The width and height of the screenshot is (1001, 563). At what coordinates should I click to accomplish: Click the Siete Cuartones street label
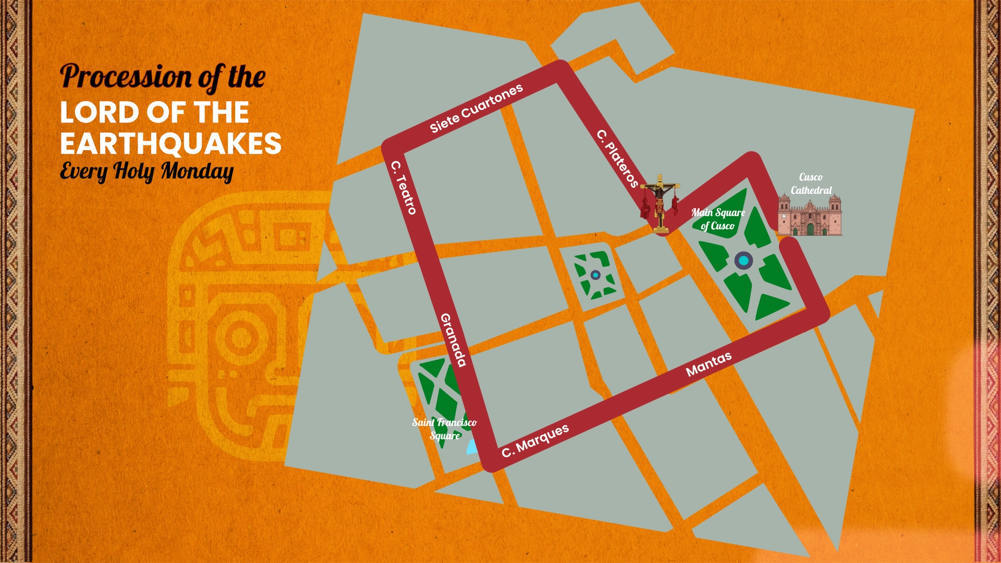(x=476, y=108)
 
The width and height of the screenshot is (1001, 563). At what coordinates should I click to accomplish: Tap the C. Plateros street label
(x=618, y=158)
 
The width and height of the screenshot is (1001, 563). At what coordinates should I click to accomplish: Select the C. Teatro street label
(x=404, y=188)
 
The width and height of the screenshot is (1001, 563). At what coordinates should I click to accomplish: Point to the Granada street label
(x=453, y=340)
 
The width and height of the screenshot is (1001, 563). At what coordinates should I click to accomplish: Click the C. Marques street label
(x=535, y=440)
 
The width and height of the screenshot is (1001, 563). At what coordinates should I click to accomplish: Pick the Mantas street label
(x=709, y=364)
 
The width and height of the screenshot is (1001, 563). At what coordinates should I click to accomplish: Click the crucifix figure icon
(x=660, y=203)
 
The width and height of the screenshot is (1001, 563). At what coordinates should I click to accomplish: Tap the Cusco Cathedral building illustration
(x=810, y=215)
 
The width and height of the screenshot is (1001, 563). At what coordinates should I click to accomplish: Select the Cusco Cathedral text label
(x=811, y=183)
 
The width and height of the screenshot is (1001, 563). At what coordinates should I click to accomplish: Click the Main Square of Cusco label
(x=718, y=219)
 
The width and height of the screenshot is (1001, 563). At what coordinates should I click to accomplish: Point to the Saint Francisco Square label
(x=444, y=429)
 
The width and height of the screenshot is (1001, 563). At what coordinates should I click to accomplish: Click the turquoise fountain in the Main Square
(x=743, y=261)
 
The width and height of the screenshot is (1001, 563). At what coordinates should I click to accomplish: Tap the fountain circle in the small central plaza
(x=595, y=275)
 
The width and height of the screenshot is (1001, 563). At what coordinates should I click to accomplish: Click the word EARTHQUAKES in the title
(x=170, y=144)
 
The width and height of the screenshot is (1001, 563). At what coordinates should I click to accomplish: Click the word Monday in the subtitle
(x=197, y=171)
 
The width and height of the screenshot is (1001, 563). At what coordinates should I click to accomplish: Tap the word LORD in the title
(x=99, y=113)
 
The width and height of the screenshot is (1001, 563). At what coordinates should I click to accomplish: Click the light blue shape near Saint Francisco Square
(x=472, y=447)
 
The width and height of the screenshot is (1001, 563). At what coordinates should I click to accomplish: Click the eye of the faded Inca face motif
(x=242, y=337)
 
